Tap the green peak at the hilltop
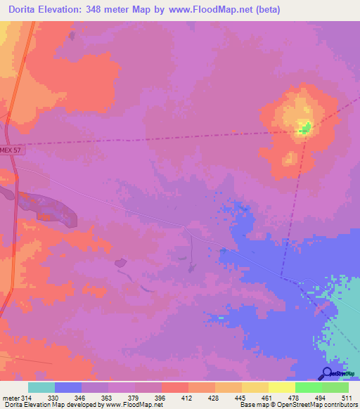pyautogui.click(x=305, y=128)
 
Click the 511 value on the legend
pyautogui.click(x=346, y=398)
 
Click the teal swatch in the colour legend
pyautogui.click(x=41, y=387)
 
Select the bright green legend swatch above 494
pyautogui.click(x=308, y=387)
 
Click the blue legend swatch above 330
pyautogui.click(x=68, y=387)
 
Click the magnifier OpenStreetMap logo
pyautogui.click(x=328, y=373)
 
